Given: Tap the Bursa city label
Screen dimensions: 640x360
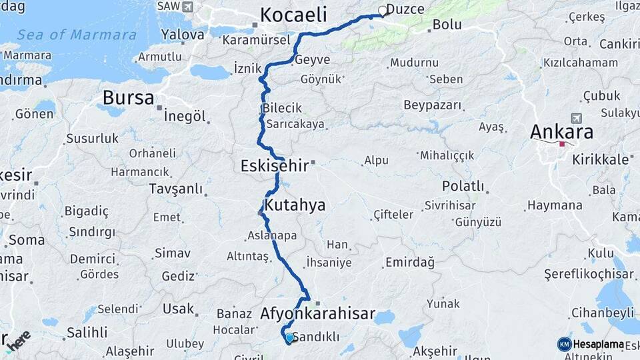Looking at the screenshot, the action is point(128,98).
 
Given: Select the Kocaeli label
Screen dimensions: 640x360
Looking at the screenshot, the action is point(293,15).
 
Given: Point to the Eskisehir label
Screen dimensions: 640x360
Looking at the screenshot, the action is point(275,165).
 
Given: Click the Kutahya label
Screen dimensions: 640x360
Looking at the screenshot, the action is point(295,205).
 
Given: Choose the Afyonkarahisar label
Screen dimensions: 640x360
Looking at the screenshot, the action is point(317,313).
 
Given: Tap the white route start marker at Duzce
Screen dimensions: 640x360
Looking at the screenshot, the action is point(383,11).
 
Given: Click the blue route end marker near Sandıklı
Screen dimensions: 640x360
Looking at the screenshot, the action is point(289,338).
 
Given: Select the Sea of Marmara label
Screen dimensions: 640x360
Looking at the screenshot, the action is point(77,35).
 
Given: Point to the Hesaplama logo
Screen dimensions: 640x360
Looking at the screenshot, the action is point(592,344).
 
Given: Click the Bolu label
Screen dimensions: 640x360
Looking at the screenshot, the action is point(447,25).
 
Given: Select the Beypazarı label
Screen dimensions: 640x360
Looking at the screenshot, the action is point(433,105).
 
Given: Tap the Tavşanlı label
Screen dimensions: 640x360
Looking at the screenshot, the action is point(176,189).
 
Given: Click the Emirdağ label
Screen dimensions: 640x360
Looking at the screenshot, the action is point(409,262).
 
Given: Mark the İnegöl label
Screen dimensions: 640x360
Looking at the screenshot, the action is point(184,116).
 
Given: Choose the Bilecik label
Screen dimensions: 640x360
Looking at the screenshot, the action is point(282,108).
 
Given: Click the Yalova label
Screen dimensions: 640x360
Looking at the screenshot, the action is point(183,35).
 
